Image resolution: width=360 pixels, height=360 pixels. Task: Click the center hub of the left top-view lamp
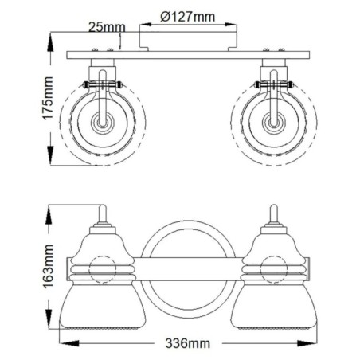coord(101,123)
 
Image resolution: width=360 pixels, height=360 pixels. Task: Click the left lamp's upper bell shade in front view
coord(101,239)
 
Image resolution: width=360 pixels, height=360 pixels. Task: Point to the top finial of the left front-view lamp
coord(101,213)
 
